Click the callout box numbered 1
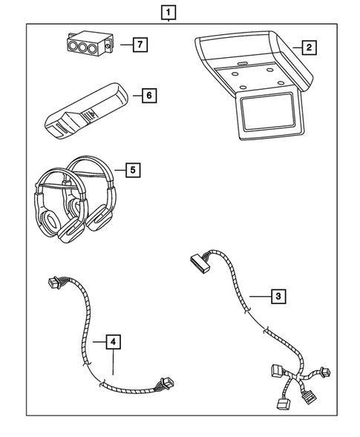(x=170, y=13)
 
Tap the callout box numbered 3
(x=277, y=297)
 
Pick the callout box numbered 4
(x=111, y=341)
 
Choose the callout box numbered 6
(x=148, y=96)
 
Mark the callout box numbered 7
(x=137, y=45)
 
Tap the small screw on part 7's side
(x=108, y=49)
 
